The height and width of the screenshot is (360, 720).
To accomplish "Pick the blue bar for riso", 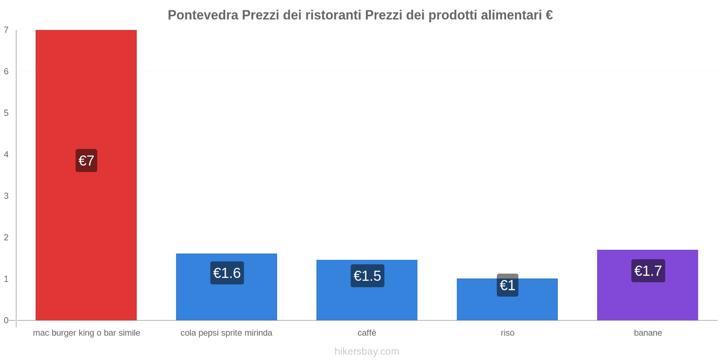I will [507, 306].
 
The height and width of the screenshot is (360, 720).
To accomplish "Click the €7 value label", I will [86, 161].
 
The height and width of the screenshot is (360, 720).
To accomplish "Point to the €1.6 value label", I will [227, 273].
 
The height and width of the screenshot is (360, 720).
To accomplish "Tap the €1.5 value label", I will [367, 276].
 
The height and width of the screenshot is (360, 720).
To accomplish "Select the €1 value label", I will [508, 285].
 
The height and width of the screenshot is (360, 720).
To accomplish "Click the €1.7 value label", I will [648, 271].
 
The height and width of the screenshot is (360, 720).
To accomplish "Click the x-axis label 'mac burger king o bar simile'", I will [86, 333].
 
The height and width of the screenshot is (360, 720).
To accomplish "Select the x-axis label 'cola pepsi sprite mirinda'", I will [226, 333].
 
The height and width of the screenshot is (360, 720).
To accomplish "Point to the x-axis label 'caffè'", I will [367, 333].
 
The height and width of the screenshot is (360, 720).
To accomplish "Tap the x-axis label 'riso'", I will [508, 333].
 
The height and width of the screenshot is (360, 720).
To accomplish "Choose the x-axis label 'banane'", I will [648, 333].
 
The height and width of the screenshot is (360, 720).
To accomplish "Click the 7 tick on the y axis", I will [6, 30].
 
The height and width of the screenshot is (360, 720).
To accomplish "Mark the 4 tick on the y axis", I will [6, 154].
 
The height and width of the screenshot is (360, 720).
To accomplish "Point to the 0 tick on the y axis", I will [6, 320].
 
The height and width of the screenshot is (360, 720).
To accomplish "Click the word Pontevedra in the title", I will [203, 15].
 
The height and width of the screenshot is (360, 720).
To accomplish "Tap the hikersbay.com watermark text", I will [367, 351].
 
